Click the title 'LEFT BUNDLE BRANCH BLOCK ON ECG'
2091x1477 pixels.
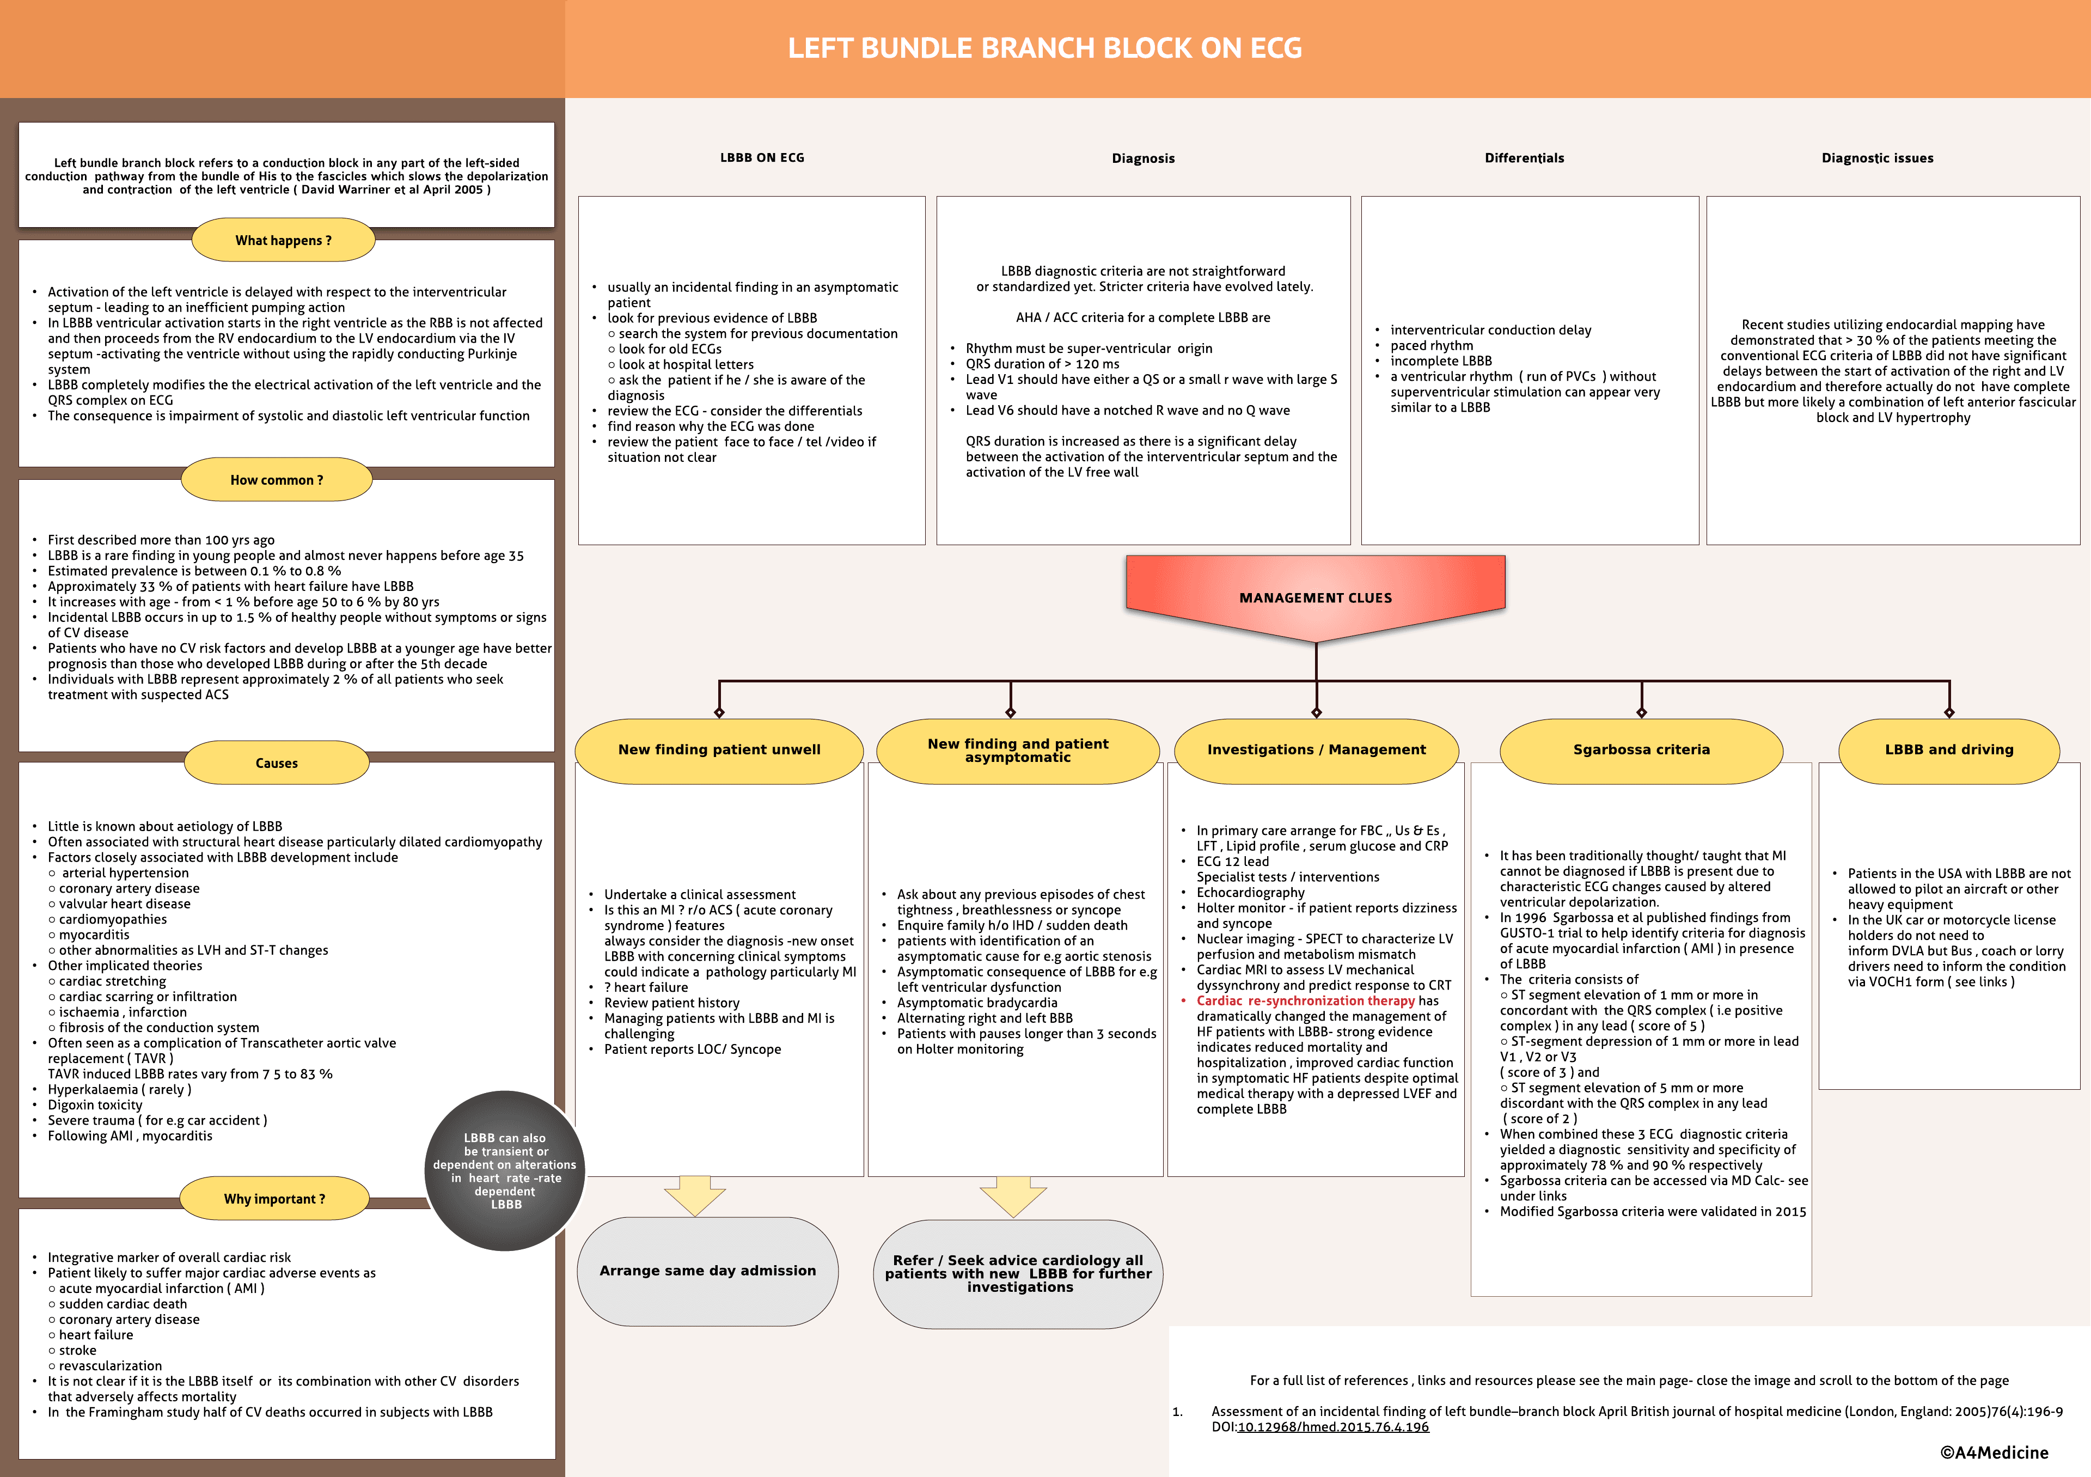(1044, 48)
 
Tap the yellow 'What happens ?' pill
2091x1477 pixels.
(283, 240)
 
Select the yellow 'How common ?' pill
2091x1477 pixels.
(277, 480)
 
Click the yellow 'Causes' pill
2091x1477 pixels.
(277, 763)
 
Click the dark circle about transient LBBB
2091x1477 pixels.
(505, 1171)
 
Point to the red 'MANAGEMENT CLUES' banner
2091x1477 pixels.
(1315, 597)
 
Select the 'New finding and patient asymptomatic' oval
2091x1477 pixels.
(1018, 750)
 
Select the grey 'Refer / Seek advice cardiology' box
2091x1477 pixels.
(1018, 1274)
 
